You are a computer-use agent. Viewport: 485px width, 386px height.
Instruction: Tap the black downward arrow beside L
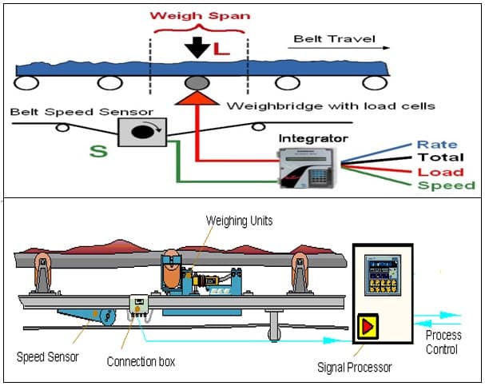point(197,47)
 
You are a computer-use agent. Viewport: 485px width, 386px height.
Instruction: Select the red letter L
point(221,49)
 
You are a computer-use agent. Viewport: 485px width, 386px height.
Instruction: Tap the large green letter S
point(97,150)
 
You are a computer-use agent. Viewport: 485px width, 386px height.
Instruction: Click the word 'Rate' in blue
point(437,145)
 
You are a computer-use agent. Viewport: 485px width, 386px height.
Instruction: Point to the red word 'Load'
point(440,172)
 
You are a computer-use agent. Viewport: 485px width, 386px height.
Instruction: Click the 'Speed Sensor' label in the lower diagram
point(48,356)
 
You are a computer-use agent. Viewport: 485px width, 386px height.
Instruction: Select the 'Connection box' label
point(141,362)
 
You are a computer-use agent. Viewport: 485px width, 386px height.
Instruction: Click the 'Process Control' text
point(443,342)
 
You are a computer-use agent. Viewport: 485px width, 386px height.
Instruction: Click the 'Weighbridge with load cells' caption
point(331,106)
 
